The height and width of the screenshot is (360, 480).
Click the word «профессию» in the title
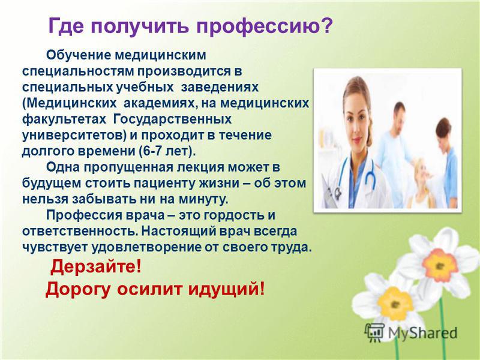click(x=263, y=27)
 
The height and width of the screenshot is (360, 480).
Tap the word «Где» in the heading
click(x=66, y=26)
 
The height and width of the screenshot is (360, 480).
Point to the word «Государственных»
click(x=172, y=119)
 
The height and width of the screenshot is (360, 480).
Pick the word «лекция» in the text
click(x=204, y=168)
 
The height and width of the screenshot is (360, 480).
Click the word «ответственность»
click(x=80, y=231)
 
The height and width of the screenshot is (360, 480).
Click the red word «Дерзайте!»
click(x=96, y=266)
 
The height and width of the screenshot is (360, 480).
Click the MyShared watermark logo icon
click(x=374, y=332)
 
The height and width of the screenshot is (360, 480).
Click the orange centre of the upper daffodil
click(x=439, y=265)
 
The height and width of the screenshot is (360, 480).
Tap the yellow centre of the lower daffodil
click(x=395, y=304)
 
